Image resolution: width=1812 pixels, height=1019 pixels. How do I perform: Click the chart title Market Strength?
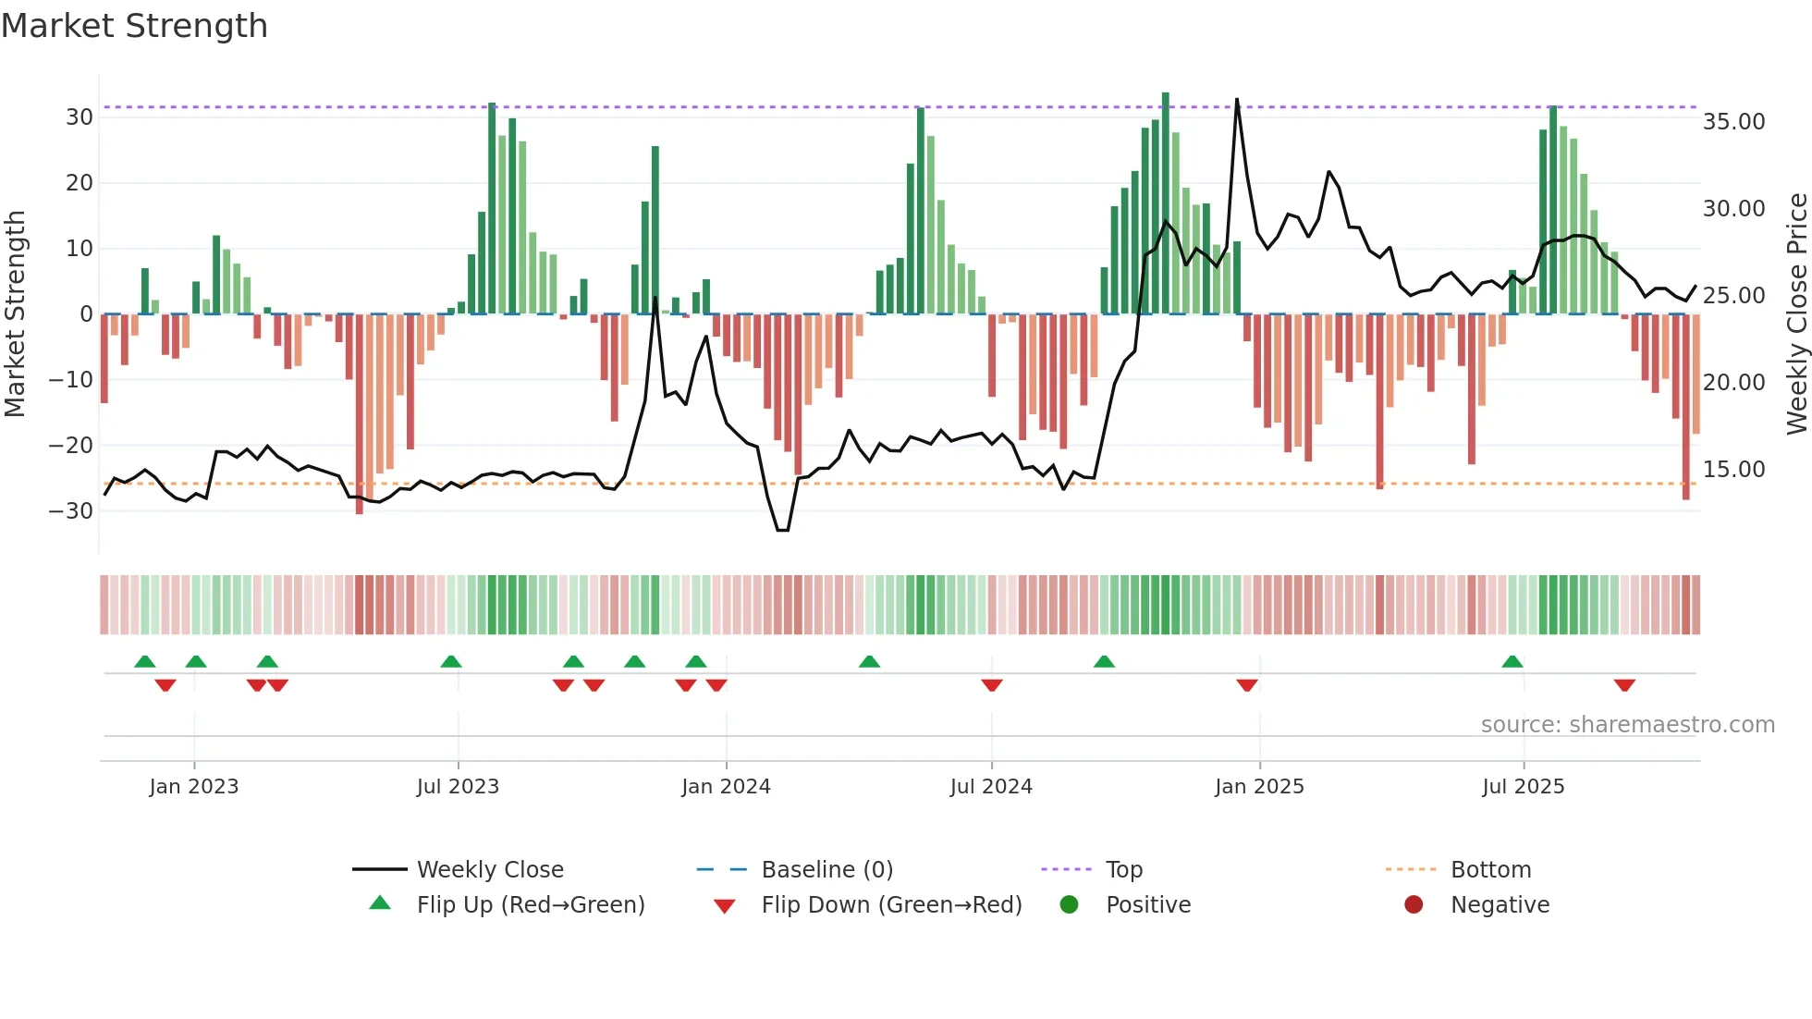point(134,26)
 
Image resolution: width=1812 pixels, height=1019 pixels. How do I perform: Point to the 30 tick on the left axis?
point(80,117)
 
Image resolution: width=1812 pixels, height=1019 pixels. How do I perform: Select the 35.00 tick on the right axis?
point(1733,122)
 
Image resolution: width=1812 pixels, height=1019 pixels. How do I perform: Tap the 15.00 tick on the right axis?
point(1733,470)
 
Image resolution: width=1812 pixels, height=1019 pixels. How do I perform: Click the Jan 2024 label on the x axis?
point(726,787)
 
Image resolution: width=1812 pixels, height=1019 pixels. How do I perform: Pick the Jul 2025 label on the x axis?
point(1523,787)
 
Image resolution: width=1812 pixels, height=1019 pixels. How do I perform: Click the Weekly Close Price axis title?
point(1796,314)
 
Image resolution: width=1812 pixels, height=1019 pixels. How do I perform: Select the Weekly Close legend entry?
point(489,870)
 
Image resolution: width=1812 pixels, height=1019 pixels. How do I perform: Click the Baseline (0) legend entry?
point(826,870)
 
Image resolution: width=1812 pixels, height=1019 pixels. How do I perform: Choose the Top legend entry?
point(1123,870)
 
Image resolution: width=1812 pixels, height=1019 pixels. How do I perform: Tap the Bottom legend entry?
point(1490,870)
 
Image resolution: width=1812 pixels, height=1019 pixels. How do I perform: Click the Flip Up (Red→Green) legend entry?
point(530,905)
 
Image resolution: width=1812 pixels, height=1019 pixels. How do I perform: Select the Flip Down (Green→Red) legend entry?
point(890,905)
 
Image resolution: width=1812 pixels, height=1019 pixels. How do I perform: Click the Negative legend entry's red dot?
point(1414,904)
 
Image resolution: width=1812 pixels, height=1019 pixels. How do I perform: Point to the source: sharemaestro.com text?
point(1627,725)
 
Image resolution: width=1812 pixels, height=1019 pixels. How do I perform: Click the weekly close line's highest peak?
point(1237,100)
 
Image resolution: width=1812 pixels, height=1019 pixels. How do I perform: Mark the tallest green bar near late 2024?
point(1166,203)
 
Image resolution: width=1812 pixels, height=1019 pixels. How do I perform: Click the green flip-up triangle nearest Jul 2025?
point(1512,662)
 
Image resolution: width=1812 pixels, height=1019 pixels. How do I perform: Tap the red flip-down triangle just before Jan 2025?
point(1247,685)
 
